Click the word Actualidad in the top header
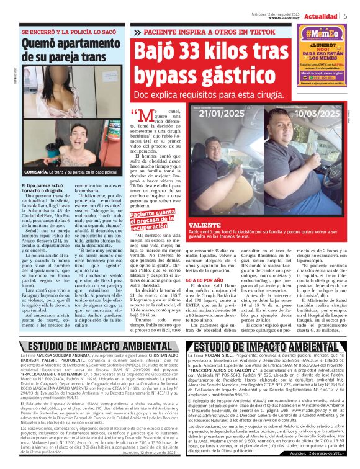[x=321, y=16]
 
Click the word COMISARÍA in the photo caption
[x=35, y=172]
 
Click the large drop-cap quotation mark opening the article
[x=141, y=116]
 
